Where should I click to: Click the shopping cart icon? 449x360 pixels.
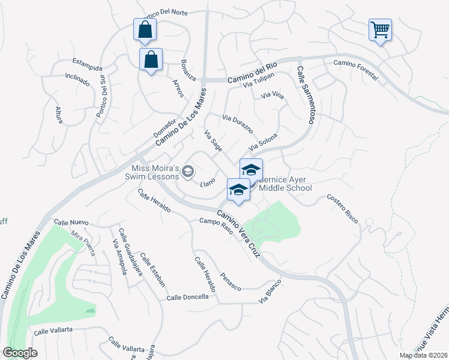point(380,29)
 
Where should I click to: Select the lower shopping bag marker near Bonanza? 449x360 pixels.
point(151,59)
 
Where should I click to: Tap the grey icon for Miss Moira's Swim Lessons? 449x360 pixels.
point(188,172)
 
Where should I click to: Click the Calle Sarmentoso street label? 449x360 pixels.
point(305,95)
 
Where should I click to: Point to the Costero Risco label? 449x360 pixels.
point(342,209)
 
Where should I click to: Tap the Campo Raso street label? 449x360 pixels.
point(215,228)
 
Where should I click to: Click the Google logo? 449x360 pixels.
point(20,353)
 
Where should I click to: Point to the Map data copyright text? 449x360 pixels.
point(423,355)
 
